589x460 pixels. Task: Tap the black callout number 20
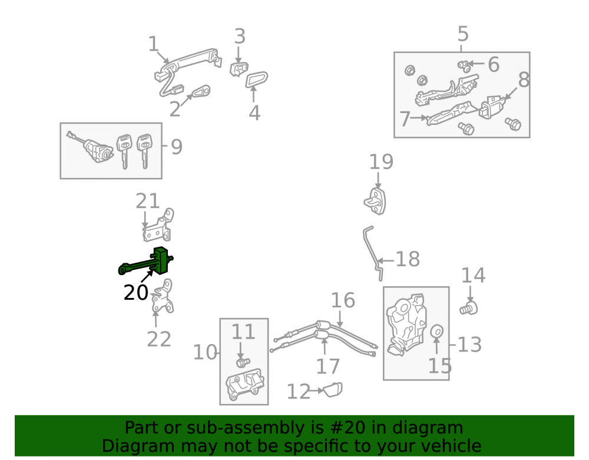pos(136,293)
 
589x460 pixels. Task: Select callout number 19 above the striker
pos(381,162)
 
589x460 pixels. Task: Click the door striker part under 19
pos(375,201)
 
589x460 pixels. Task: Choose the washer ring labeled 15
pos(436,332)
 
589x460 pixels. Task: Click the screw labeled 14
pos(468,309)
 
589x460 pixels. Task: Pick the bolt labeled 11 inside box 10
pos(242,362)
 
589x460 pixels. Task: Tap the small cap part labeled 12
pos(333,390)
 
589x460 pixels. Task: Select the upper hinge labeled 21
pos(158,226)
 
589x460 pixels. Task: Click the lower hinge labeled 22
pos(163,297)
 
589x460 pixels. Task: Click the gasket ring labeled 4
pos(257,80)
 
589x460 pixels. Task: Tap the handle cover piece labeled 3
pos(239,70)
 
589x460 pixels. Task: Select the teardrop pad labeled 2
pos(201,91)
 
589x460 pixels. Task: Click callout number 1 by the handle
pos(153,44)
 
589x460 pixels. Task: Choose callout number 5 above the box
pos(463,34)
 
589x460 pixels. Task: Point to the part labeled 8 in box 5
pos(492,107)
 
